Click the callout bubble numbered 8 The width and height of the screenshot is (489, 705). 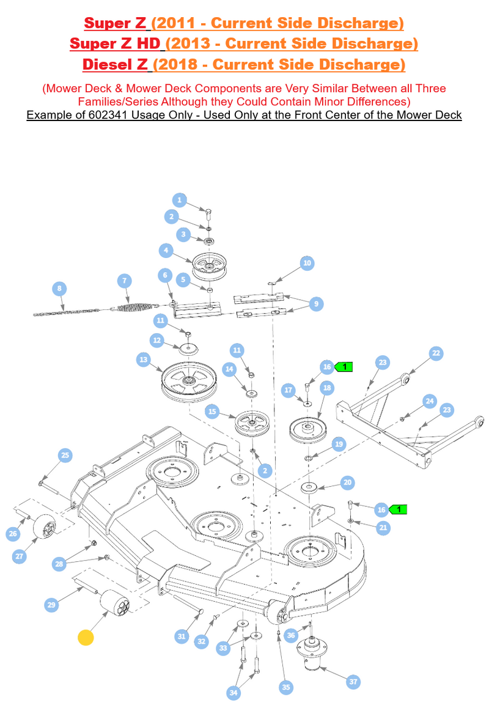59,289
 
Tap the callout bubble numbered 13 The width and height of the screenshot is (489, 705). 144,360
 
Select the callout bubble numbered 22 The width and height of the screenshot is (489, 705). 436,353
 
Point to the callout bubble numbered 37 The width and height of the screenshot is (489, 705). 353,682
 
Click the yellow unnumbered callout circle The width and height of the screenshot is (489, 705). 86,638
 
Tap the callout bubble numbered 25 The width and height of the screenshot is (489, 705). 65,456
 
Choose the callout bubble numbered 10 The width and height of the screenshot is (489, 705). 307,264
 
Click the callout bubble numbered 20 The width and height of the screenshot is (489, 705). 347,483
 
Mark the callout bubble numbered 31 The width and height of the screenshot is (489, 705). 182,636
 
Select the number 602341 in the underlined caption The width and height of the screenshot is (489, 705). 108,115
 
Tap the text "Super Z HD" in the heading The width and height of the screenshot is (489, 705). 115,43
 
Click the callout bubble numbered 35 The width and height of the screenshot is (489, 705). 286,687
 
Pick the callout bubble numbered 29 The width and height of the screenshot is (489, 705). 52,605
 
